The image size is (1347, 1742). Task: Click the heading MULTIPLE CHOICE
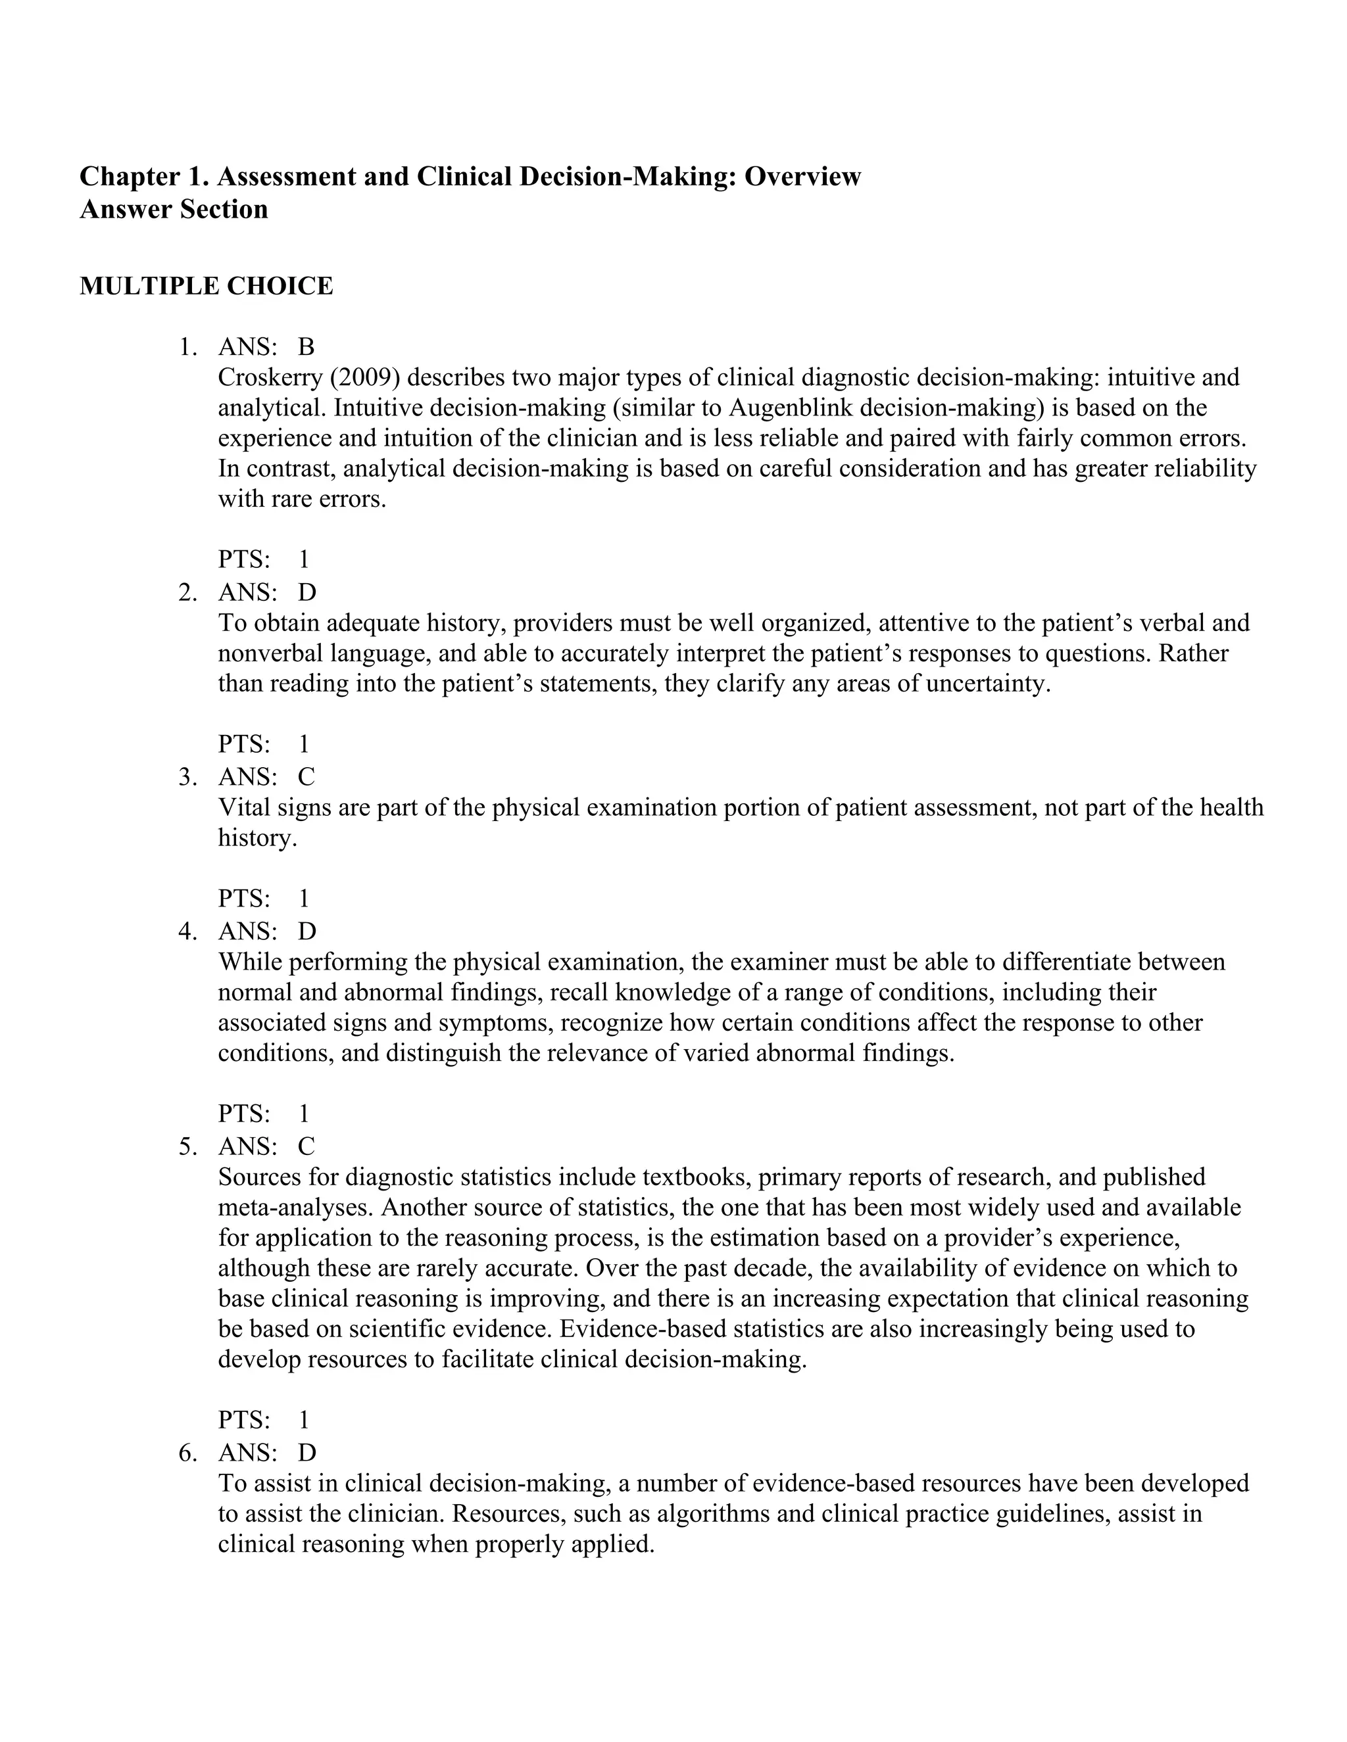coord(206,285)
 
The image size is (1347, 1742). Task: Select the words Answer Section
coord(173,210)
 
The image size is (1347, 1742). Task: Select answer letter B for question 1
coord(306,347)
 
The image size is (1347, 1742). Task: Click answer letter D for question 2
coord(306,593)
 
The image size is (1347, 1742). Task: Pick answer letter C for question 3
coord(306,777)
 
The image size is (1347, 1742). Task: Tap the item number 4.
coord(187,931)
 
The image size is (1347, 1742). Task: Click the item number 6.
coord(187,1453)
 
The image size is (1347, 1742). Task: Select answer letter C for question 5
coord(306,1146)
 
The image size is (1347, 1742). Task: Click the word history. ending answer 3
coord(257,837)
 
